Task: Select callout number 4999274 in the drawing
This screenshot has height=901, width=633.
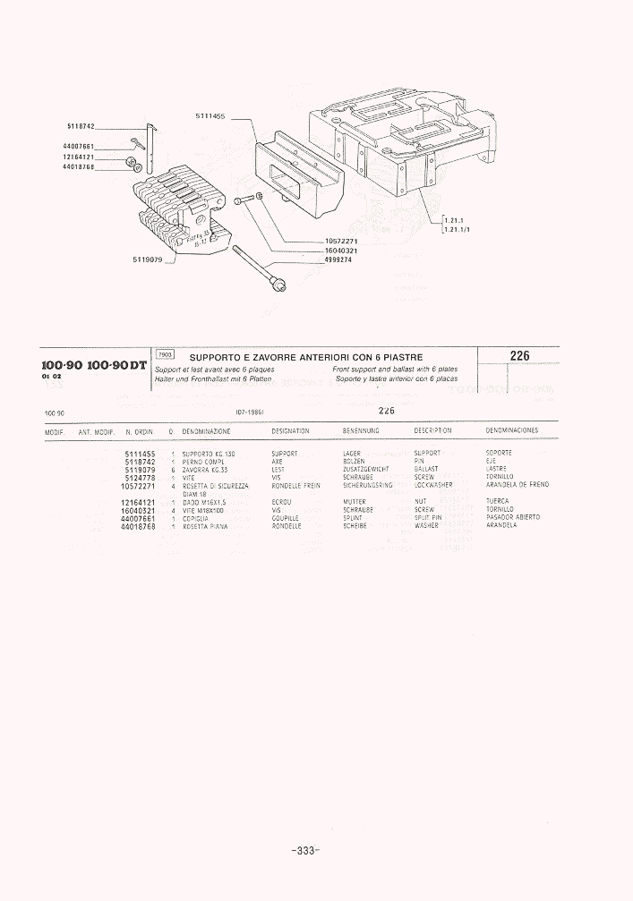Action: click(x=341, y=259)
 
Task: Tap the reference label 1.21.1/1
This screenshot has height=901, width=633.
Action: click(x=459, y=228)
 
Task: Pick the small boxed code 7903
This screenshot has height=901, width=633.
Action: click(x=165, y=355)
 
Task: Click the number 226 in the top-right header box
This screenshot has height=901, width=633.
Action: click(x=519, y=356)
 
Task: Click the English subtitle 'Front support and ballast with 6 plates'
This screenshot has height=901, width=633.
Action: click(x=395, y=369)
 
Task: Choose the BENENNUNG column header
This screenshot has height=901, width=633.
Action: click(x=362, y=430)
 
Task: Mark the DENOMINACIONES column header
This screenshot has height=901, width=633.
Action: click(x=511, y=430)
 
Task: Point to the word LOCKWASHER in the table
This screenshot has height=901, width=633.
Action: click(x=433, y=485)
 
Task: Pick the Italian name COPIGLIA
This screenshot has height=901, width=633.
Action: click(x=195, y=518)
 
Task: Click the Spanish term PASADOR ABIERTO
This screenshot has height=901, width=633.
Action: click(x=513, y=518)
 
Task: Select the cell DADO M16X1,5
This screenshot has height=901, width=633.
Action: click(x=203, y=502)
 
